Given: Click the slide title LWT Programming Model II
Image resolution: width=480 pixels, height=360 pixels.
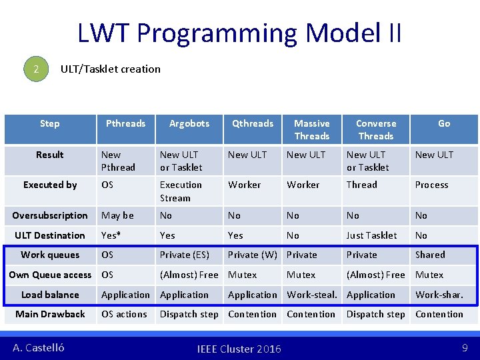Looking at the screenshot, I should coord(239,33).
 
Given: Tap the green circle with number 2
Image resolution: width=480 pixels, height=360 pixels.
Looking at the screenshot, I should coord(37,69).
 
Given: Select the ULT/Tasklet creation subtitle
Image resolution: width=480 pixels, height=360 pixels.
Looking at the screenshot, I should coord(110,69).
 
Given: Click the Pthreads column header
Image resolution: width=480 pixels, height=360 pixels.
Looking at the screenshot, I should coord(125,123).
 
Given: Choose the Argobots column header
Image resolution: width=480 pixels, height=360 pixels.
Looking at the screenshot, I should coord(189,123).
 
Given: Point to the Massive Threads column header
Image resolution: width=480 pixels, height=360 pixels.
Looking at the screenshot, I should coord(312,129).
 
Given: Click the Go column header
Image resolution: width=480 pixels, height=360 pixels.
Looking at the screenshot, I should coord(444,123).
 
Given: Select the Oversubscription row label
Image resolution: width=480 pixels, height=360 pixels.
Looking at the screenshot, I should coord(50,215).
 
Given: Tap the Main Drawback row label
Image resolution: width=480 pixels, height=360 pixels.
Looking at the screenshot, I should coord(50,314).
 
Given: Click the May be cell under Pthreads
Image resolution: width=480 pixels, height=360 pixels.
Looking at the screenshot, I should coord(117,215).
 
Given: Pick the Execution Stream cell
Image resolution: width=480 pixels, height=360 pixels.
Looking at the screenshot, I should coord(181,191).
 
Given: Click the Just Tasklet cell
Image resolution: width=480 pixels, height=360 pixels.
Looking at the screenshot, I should coord(371,235).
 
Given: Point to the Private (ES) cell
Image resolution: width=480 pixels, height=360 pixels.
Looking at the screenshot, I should coord(185,255).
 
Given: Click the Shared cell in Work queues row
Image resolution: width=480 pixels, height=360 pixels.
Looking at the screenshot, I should coord(430,255).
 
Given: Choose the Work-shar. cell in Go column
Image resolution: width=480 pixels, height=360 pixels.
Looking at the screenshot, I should coord(439,295).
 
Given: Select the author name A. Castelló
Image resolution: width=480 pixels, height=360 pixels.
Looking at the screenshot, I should coord(39,347).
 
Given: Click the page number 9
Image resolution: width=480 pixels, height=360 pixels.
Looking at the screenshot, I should coord(464,347).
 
